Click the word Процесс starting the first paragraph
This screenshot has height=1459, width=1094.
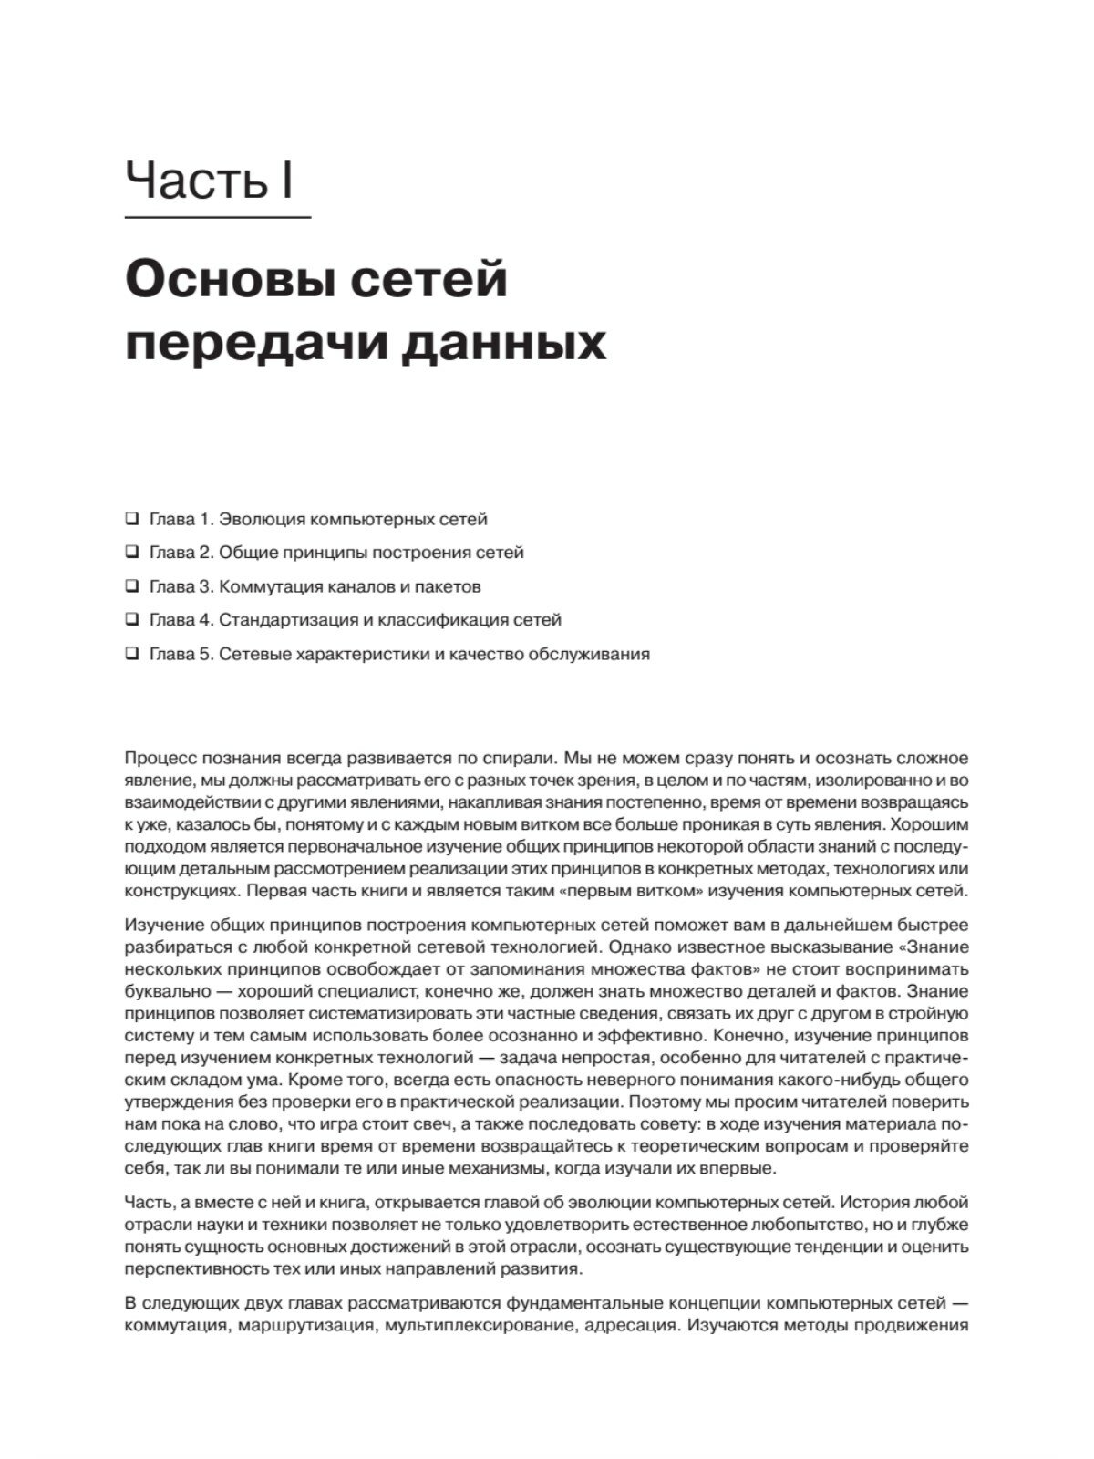(158, 758)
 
